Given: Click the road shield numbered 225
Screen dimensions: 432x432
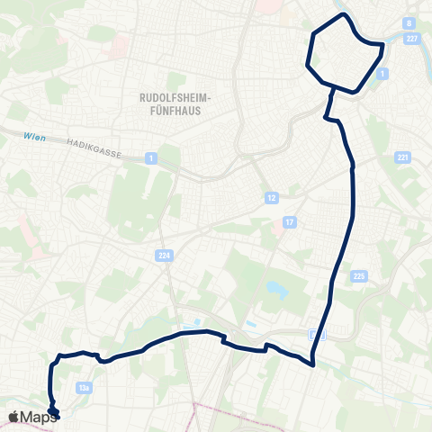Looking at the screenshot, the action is tap(359, 275).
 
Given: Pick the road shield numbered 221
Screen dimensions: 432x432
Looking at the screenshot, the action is tap(402, 157).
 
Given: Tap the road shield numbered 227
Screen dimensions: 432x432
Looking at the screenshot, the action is tap(413, 37).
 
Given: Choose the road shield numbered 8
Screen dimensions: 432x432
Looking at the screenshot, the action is tap(409, 23).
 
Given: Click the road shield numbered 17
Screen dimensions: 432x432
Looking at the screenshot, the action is tap(289, 221).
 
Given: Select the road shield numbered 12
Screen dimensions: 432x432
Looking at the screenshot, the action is tap(270, 196).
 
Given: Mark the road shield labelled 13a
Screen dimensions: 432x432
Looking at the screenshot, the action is tap(85, 388).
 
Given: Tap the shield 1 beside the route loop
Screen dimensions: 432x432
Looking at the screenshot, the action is tap(383, 72).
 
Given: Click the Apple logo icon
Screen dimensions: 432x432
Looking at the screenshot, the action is tap(13, 417).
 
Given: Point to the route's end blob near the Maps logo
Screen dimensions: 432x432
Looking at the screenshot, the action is tap(53, 412).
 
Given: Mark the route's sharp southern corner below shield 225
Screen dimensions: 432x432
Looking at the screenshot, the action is tap(311, 364).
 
